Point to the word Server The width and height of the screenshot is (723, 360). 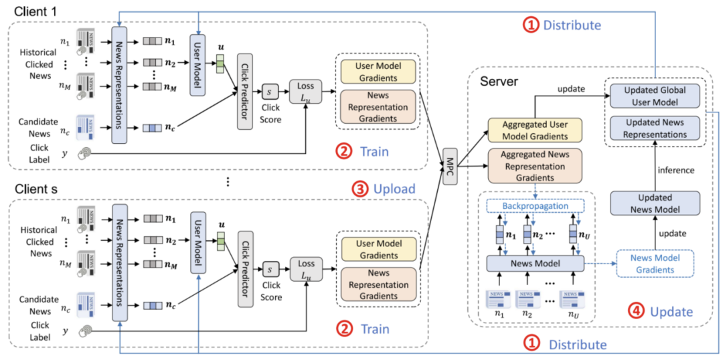pyautogui.click(x=499, y=81)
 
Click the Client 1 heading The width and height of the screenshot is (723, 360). pyautogui.click(x=31, y=11)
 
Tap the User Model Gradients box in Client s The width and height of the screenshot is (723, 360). pyautogui.click(x=378, y=249)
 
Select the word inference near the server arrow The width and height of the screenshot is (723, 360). pyautogui.click(x=675, y=170)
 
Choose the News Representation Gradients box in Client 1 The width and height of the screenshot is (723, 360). pyautogui.click(x=378, y=108)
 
